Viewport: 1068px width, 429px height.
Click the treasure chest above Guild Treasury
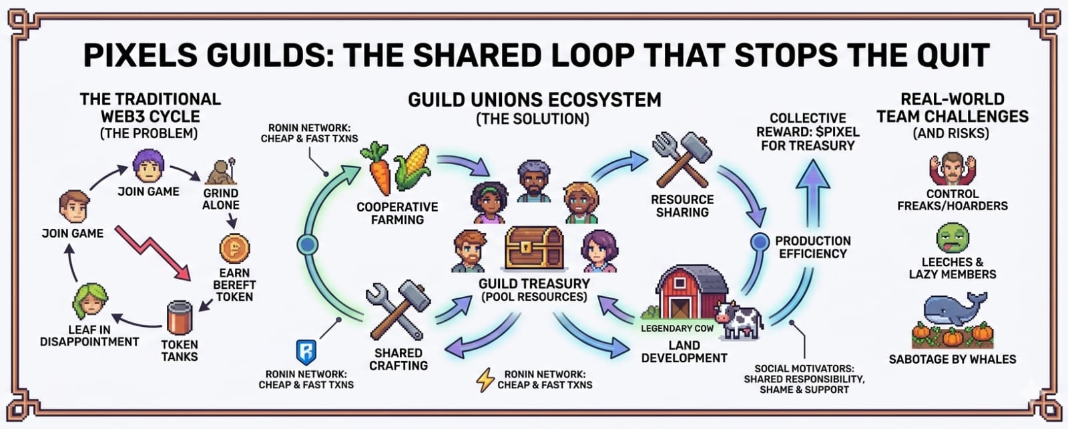534,248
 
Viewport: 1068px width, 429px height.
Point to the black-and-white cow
738,318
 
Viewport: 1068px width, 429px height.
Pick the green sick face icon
952,238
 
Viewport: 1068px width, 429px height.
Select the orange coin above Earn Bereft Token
234,249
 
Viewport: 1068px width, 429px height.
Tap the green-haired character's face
90,302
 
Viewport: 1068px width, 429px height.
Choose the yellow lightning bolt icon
485,379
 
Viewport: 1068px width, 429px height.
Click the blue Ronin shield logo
306,352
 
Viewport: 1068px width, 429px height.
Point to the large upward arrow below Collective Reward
813,193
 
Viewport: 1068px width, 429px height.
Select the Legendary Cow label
677,328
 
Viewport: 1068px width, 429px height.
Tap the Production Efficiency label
812,247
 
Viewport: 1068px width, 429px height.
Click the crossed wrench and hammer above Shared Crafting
396,310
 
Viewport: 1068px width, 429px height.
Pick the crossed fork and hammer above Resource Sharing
681,158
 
